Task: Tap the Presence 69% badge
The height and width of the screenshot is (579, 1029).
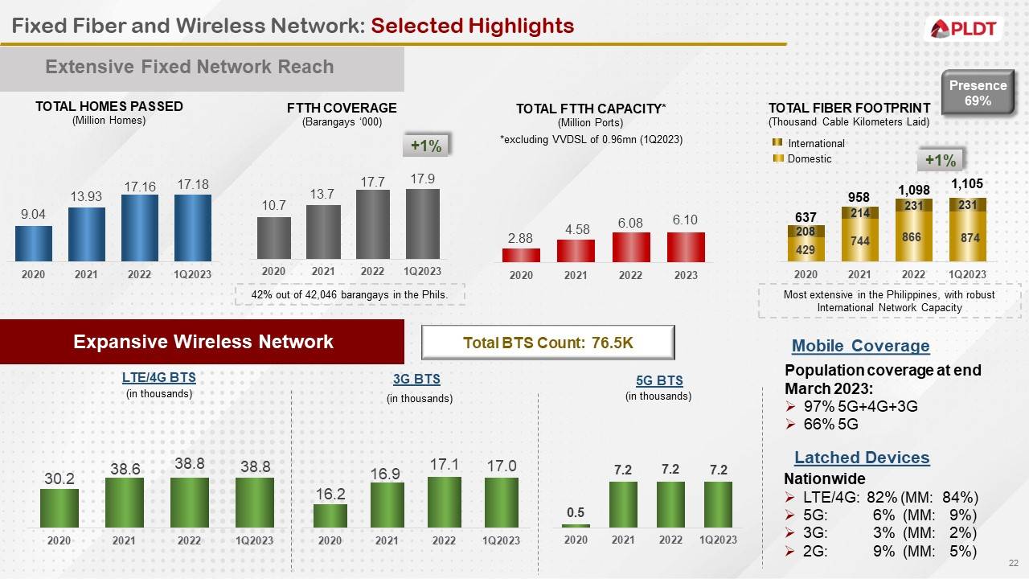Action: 977,93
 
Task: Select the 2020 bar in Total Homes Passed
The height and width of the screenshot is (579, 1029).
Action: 33,243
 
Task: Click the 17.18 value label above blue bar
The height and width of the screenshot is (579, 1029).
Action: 193,184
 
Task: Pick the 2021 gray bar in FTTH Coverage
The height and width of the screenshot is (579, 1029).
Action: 323,232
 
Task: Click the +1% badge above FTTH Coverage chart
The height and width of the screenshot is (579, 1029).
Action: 425,146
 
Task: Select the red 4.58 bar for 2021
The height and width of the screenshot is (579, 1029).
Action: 576,250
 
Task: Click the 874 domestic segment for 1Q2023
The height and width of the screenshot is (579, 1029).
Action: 967,239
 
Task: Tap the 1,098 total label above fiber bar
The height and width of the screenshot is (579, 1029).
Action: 913,191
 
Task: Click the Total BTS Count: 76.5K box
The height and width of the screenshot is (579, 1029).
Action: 548,343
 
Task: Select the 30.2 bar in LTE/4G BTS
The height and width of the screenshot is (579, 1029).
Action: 59,507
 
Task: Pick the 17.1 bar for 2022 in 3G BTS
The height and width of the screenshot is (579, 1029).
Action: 444,502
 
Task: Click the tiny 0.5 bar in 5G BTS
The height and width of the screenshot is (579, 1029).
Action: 576,525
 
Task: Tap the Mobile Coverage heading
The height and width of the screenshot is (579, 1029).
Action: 860,346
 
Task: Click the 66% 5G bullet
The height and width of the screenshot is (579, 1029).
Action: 822,424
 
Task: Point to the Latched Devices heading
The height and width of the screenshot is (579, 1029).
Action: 861,458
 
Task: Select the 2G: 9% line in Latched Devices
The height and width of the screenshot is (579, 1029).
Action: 880,551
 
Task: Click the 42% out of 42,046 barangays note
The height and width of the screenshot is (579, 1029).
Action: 350,295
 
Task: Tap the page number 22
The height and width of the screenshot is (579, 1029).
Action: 1013,562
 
